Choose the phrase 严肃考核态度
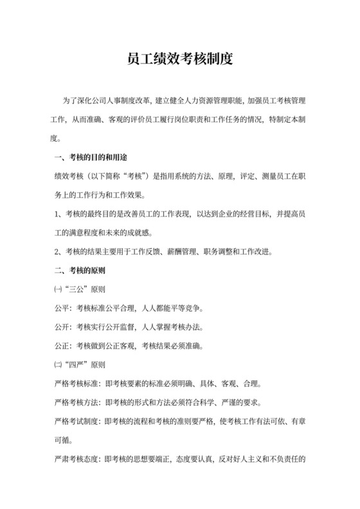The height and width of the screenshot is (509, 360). pos(73,460)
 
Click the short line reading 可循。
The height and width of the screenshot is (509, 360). pos(60,442)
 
